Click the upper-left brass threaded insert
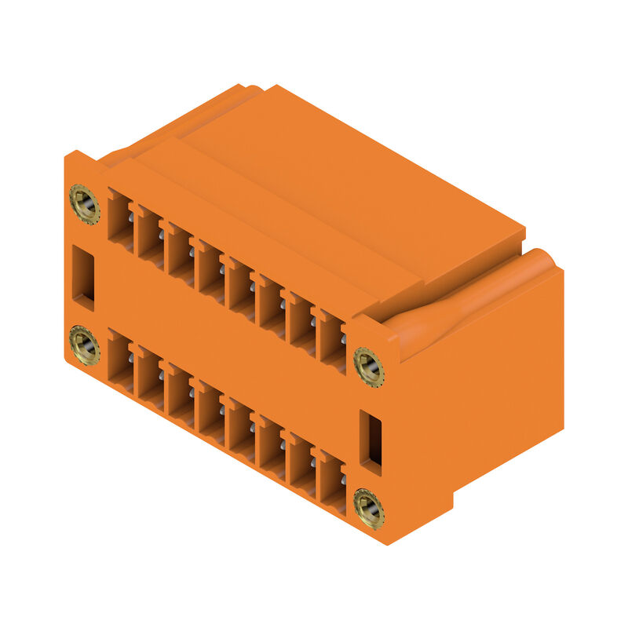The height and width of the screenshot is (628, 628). [x=84, y=204]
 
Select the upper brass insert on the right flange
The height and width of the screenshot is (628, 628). [x=368, y=366]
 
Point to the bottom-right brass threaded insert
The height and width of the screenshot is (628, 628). [x=368, y=508]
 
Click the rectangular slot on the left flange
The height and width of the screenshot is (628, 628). [x=83, y=276]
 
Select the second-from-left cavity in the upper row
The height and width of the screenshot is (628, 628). [x=150, y=235]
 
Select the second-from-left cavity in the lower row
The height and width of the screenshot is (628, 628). [x=150, y=377]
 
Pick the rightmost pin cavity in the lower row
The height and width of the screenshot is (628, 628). [x=332, y=480]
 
